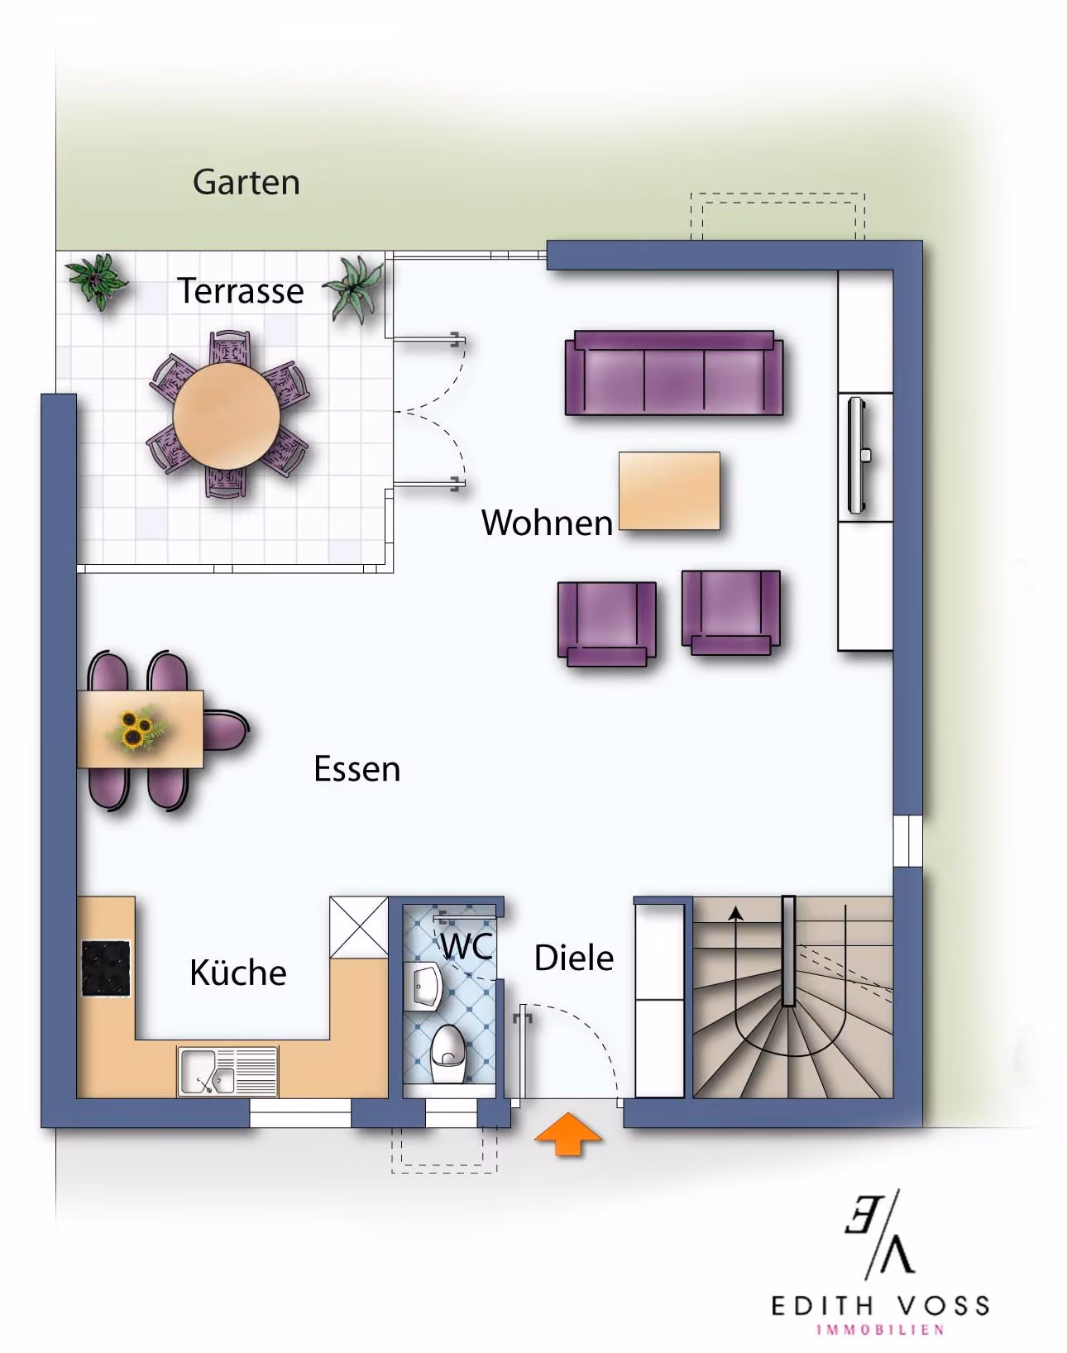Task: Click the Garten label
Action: point(246,182)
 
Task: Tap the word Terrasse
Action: point(241,291)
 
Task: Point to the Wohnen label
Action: point(547,523)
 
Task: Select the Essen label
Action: point(356,769)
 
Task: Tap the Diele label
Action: point(573,959)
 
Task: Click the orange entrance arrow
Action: point(567,1134)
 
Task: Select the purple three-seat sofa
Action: point(674,373)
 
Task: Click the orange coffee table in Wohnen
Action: point(669,491)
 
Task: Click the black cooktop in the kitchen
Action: point(106,968)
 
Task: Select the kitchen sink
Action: point(227,1071)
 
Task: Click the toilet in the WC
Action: point(449,1054)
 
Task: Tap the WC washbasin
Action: point(423,986)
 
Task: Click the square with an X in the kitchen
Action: point(359,927)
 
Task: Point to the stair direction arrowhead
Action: point(735,913)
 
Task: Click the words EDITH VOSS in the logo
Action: point(880,1306)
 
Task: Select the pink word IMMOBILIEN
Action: point(880,1330)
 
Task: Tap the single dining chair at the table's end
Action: point(225,730)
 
